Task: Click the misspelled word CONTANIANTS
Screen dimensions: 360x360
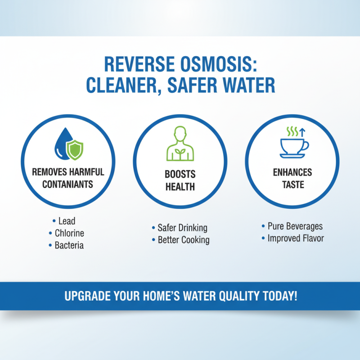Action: coord(68,184)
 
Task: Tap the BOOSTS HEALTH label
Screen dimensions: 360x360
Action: coord(180,180)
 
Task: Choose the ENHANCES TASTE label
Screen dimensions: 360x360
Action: coord(292,178)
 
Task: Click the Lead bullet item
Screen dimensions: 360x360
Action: coord(66,221)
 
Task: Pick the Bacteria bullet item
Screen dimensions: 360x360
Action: coord(69,245)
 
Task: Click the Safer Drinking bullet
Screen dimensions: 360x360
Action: coord(182,228)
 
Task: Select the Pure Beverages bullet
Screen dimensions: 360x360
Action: coord(295,226)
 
